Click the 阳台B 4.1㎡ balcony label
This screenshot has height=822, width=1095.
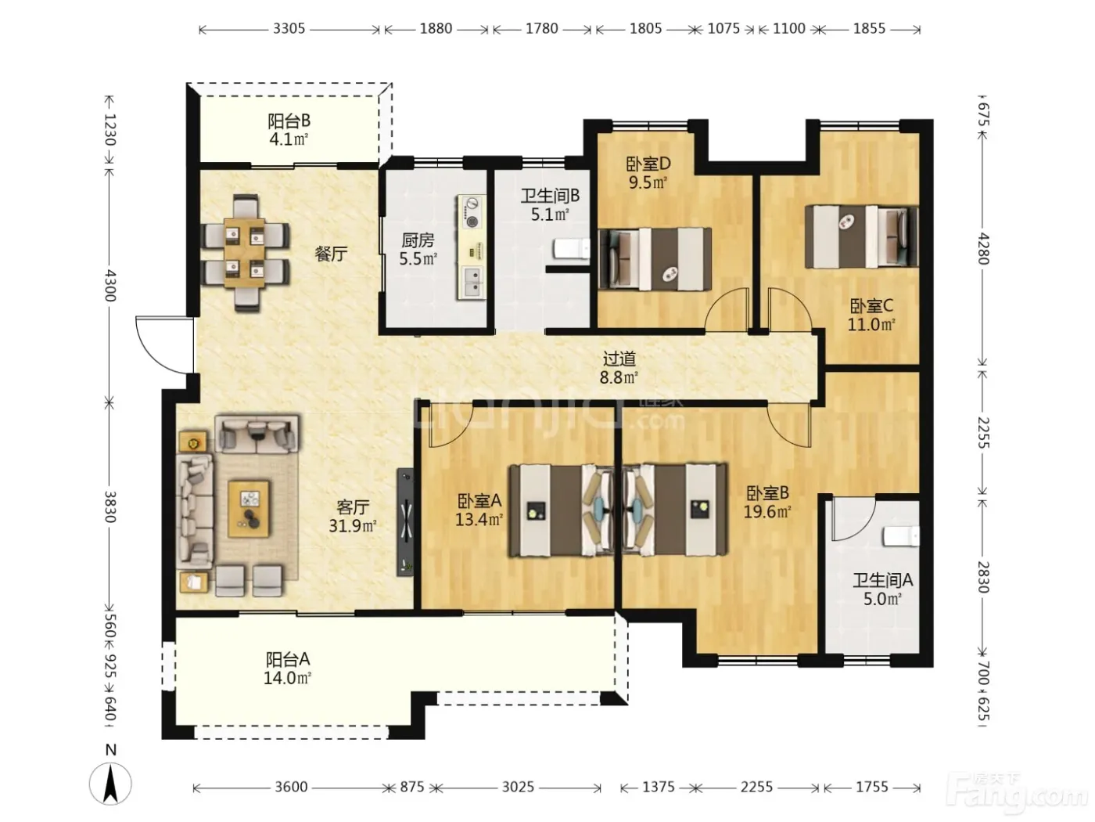[x=289, y=129]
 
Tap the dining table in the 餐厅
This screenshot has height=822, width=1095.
[x=245, y=253]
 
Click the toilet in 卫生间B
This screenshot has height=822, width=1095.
[x=572, y=248]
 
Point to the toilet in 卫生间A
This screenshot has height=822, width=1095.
[x=901, y=536]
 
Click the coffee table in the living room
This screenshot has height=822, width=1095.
[x=249, y=509]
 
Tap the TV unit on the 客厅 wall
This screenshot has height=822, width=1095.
[x=405, y=522]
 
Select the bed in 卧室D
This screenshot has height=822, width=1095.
[x=655, y=259]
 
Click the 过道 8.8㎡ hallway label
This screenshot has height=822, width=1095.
[x=619, y=368]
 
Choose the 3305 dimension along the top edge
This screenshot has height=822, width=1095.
[x=289, y=28]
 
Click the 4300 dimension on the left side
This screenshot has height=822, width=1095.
[x=109, y=286]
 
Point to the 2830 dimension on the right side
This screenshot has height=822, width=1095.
[x=982, y=578]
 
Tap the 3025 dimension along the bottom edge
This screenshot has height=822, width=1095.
[x=519, y=787]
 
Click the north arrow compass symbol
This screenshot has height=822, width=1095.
[x=110, y=783]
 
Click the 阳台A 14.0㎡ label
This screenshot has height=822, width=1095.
[x=288, y=669]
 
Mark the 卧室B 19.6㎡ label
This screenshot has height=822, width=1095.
[x=767, y=502]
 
